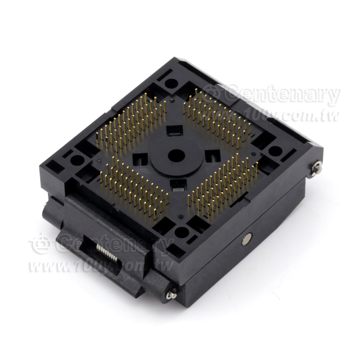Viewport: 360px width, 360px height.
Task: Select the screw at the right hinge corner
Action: tap(317, 168)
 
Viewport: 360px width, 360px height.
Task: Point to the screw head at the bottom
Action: tap(171, 294)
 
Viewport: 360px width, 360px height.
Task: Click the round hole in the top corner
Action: tap(171, 83)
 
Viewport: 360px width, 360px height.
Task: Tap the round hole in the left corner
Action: tap(77, 160)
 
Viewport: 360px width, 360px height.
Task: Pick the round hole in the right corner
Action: tap(275, 151)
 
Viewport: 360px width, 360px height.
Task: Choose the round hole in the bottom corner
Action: tap(182, 232)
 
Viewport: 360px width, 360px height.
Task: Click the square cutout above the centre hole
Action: tap(175, 131)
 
